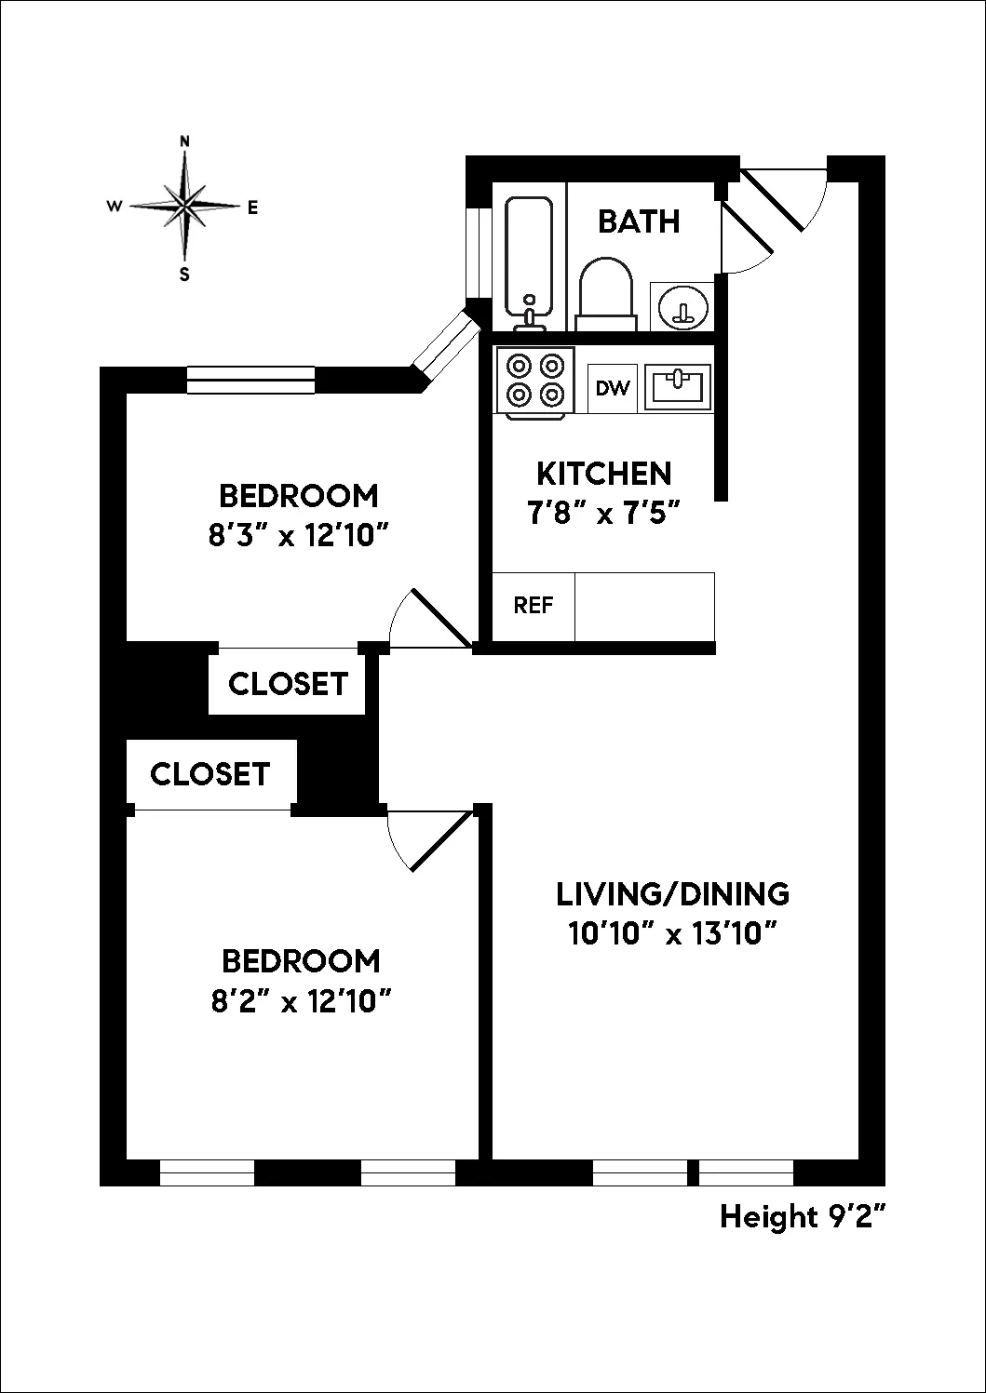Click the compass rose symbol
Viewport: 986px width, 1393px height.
(x=185, y=206)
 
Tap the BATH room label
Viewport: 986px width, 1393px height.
(x=639, y=221)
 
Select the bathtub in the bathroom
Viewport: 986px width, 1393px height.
(x=530, y=258)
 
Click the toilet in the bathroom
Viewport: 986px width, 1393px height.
(x=606, y=292)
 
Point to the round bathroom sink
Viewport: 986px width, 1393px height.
(x=682, y=305)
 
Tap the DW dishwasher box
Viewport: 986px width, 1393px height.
(x=613, y=388)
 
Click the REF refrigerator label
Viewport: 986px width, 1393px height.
(x=534, y=606)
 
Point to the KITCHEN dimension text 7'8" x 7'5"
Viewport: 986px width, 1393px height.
(x=603, y=513)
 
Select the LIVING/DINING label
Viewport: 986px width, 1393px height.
(x=672, y=894)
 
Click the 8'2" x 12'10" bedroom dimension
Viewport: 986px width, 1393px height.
(x=299, y=1001)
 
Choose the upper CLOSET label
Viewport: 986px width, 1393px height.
(x=288, y=684)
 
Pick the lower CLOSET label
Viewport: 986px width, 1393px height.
(x=209, y=774)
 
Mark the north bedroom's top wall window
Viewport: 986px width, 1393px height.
(x=250, y=380)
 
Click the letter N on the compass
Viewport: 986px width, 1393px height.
(x=185, y=141)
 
